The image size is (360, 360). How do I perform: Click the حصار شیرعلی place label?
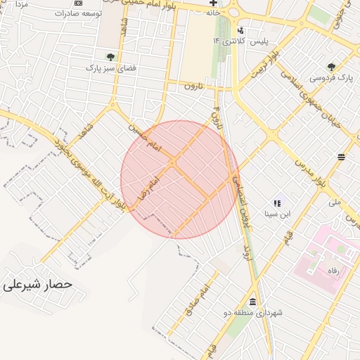pyautogui.click(x=38, y=285)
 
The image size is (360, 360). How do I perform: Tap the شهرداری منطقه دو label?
pyautogui.click(x=251, y=313)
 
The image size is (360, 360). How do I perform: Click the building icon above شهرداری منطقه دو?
pyautogui.click(x=252, y=301)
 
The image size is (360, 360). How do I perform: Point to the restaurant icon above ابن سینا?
pyautogui.click(x=276, y=202)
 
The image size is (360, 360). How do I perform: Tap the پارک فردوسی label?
pyautogui.click(x=330, y=78)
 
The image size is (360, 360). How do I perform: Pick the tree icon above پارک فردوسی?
pyautogui.click(x=331, y=67)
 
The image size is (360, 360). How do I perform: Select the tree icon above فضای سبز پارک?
pyautogui.click(x=110, y=57)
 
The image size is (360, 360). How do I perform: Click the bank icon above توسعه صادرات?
pyautogui.click(x=77, y=3)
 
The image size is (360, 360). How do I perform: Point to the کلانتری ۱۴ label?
pyautogui.click(x=226, y=42)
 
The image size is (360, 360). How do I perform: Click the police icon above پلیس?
pyautogui.click(x=241, y=30)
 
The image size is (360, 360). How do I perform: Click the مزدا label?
pyautogui.click(x=20, y=5)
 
